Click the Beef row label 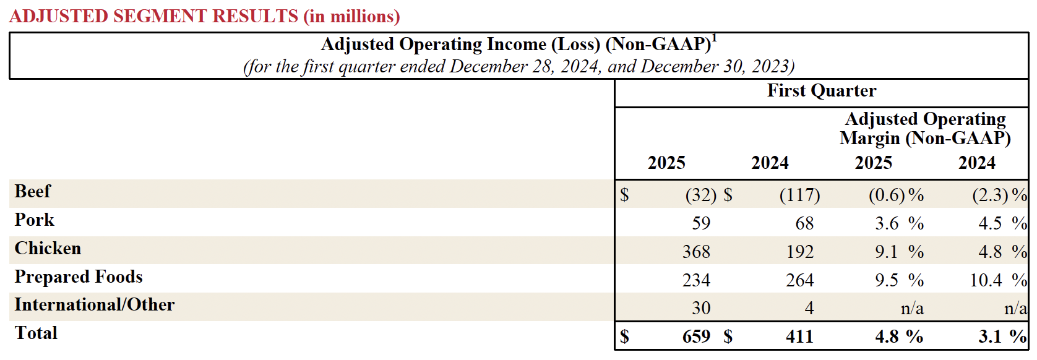33,192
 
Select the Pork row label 35,220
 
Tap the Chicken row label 48,249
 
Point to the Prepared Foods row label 79,277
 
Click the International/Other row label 95,305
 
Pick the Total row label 36,333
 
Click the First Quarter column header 821,91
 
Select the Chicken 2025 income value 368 696,252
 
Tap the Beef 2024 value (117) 799,195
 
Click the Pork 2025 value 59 701,224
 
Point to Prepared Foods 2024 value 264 799,281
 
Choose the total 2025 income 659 696,337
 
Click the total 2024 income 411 799,337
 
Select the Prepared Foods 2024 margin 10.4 986,281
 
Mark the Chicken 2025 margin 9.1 886,252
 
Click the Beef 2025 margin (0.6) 887,195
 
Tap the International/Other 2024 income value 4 809,309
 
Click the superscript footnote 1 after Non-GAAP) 715,38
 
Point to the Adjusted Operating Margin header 925,129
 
